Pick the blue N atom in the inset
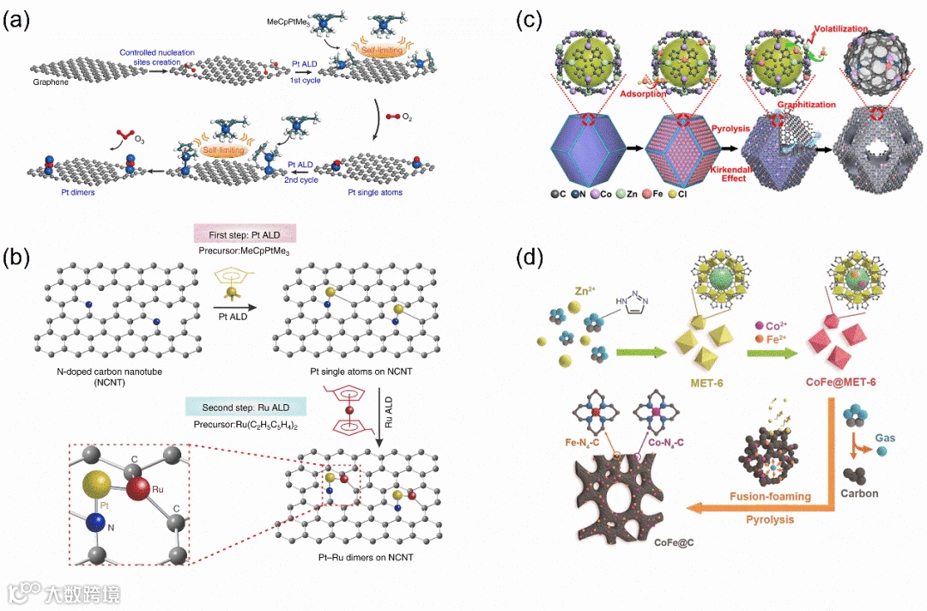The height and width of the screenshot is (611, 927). [94, 520]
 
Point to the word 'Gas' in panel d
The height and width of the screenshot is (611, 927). [884, 438]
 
